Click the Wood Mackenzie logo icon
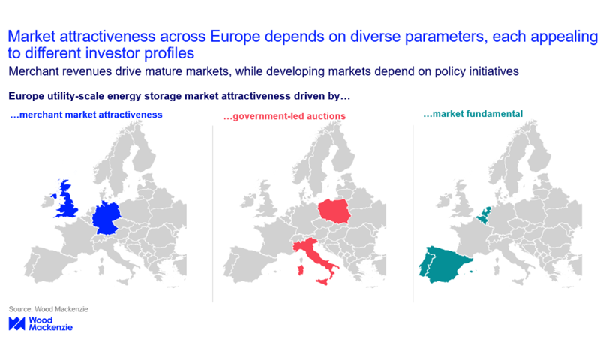click(x=16, y=323)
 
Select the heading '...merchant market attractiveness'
click(x=86, y=115)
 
